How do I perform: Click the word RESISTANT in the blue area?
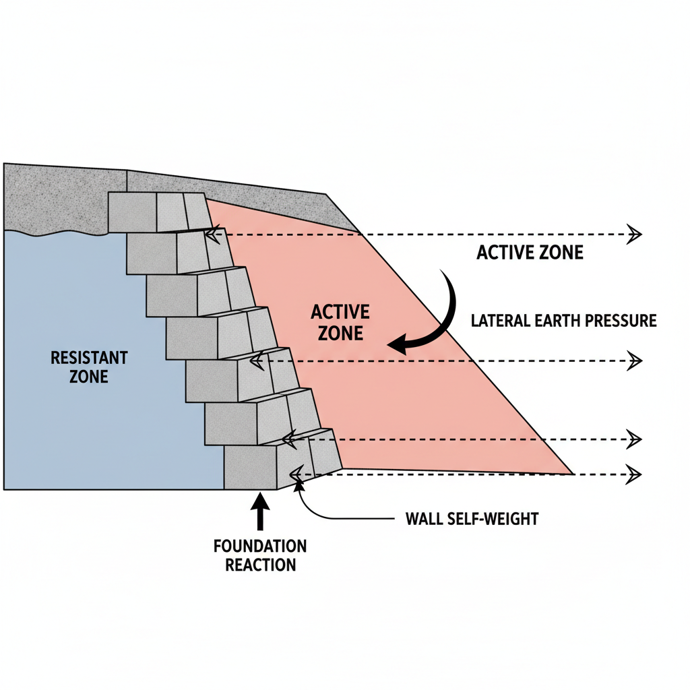click(89, 357)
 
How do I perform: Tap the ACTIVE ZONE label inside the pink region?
click(340, 322)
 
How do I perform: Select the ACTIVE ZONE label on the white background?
click(530, 253)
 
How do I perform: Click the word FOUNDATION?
click(260, 546)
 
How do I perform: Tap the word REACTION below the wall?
click(260, 565)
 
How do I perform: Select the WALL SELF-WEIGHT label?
click(472, 520)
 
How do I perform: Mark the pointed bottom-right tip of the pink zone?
click(571, 474)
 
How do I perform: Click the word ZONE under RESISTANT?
click(88, 376)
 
